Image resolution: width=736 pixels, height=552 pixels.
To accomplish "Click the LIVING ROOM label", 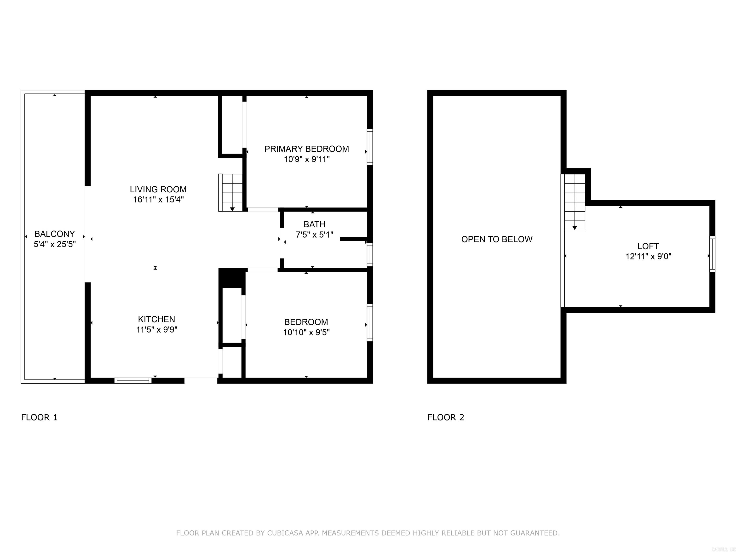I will click(158, 189).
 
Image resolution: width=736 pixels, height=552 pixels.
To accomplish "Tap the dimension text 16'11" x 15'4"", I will click(158, 200).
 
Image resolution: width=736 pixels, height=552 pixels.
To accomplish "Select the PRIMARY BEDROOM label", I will click(306, 149).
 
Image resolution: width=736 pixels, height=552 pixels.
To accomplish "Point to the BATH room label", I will click(314, 224).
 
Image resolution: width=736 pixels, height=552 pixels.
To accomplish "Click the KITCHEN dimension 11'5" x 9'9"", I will click(156, 330).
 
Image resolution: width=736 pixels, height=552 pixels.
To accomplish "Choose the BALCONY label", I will click(55, 234).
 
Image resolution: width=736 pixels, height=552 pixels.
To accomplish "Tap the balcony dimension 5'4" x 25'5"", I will click(55, 244).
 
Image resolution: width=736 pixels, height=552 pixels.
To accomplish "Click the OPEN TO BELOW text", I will click(496, 239).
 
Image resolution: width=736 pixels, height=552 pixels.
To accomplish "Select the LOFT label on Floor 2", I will click(648, 246).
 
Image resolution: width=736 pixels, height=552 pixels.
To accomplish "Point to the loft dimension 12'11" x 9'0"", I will click(648, 257).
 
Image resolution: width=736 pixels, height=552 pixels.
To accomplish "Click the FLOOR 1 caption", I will click(39, 417).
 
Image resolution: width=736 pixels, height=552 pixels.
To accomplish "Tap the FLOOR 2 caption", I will click(446, 417).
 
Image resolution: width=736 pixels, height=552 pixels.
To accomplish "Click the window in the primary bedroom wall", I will click(370, 147).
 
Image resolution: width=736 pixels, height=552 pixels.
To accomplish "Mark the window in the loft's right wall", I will click(712, 254).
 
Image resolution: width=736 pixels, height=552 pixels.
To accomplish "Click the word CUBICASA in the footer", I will click(285, 533).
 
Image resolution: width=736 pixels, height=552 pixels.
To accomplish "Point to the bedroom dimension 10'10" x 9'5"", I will click(306, 332).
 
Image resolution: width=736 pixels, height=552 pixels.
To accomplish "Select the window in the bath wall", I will click(370, 254).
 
